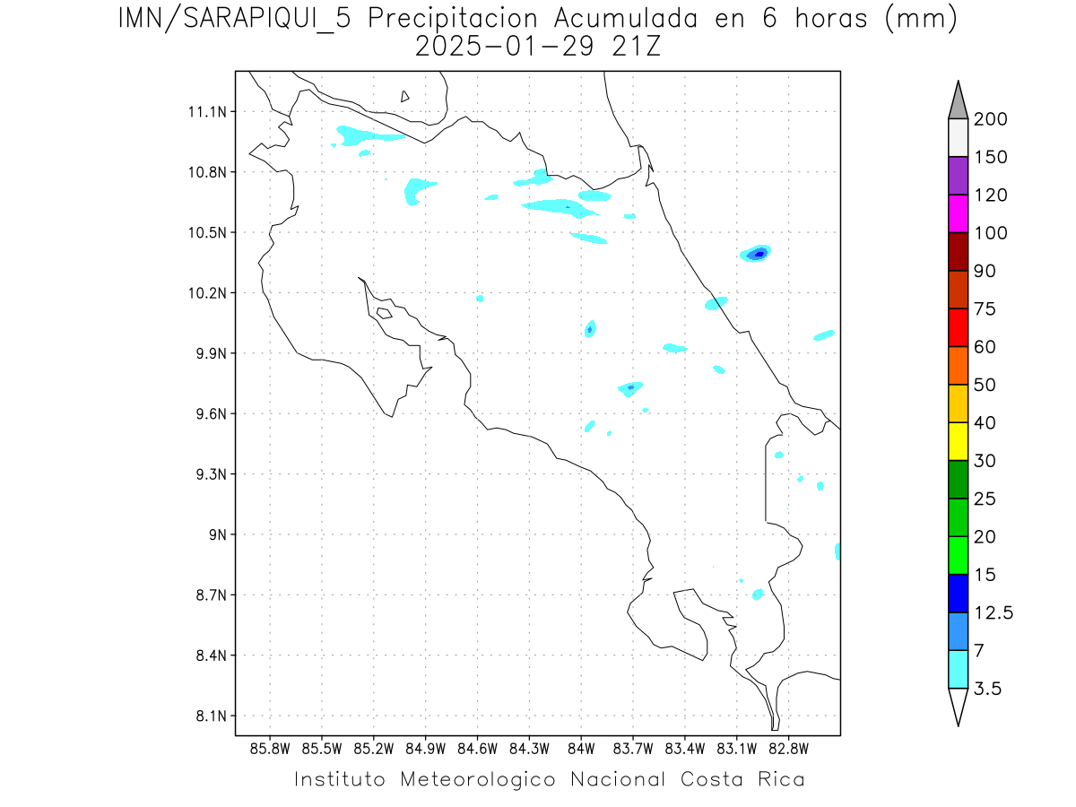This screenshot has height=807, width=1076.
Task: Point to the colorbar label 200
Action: [x=990, y=119]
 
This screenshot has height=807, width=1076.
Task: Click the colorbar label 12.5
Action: [x=994, y=612]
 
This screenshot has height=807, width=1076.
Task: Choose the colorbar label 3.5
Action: [x=986, y=689]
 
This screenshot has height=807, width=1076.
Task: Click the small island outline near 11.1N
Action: [x=405, y=96]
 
